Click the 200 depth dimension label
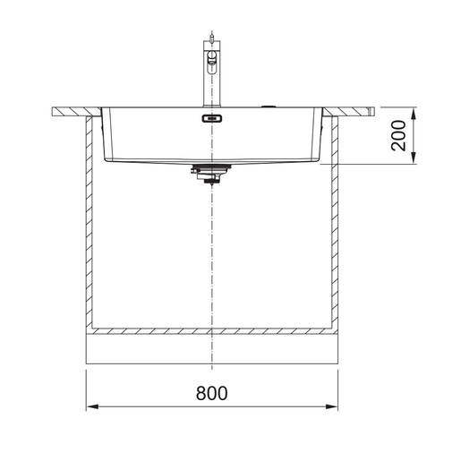pos(399,135)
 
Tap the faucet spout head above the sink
pos(212,59)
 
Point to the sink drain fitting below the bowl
pos(211,175)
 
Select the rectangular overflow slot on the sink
pos(211,117)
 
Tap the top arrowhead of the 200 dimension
pos(414,114)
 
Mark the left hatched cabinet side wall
pos(90,224)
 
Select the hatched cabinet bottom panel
pos(211,328)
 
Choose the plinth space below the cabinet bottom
pos(211,349)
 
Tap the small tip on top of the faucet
pos(211,32)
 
